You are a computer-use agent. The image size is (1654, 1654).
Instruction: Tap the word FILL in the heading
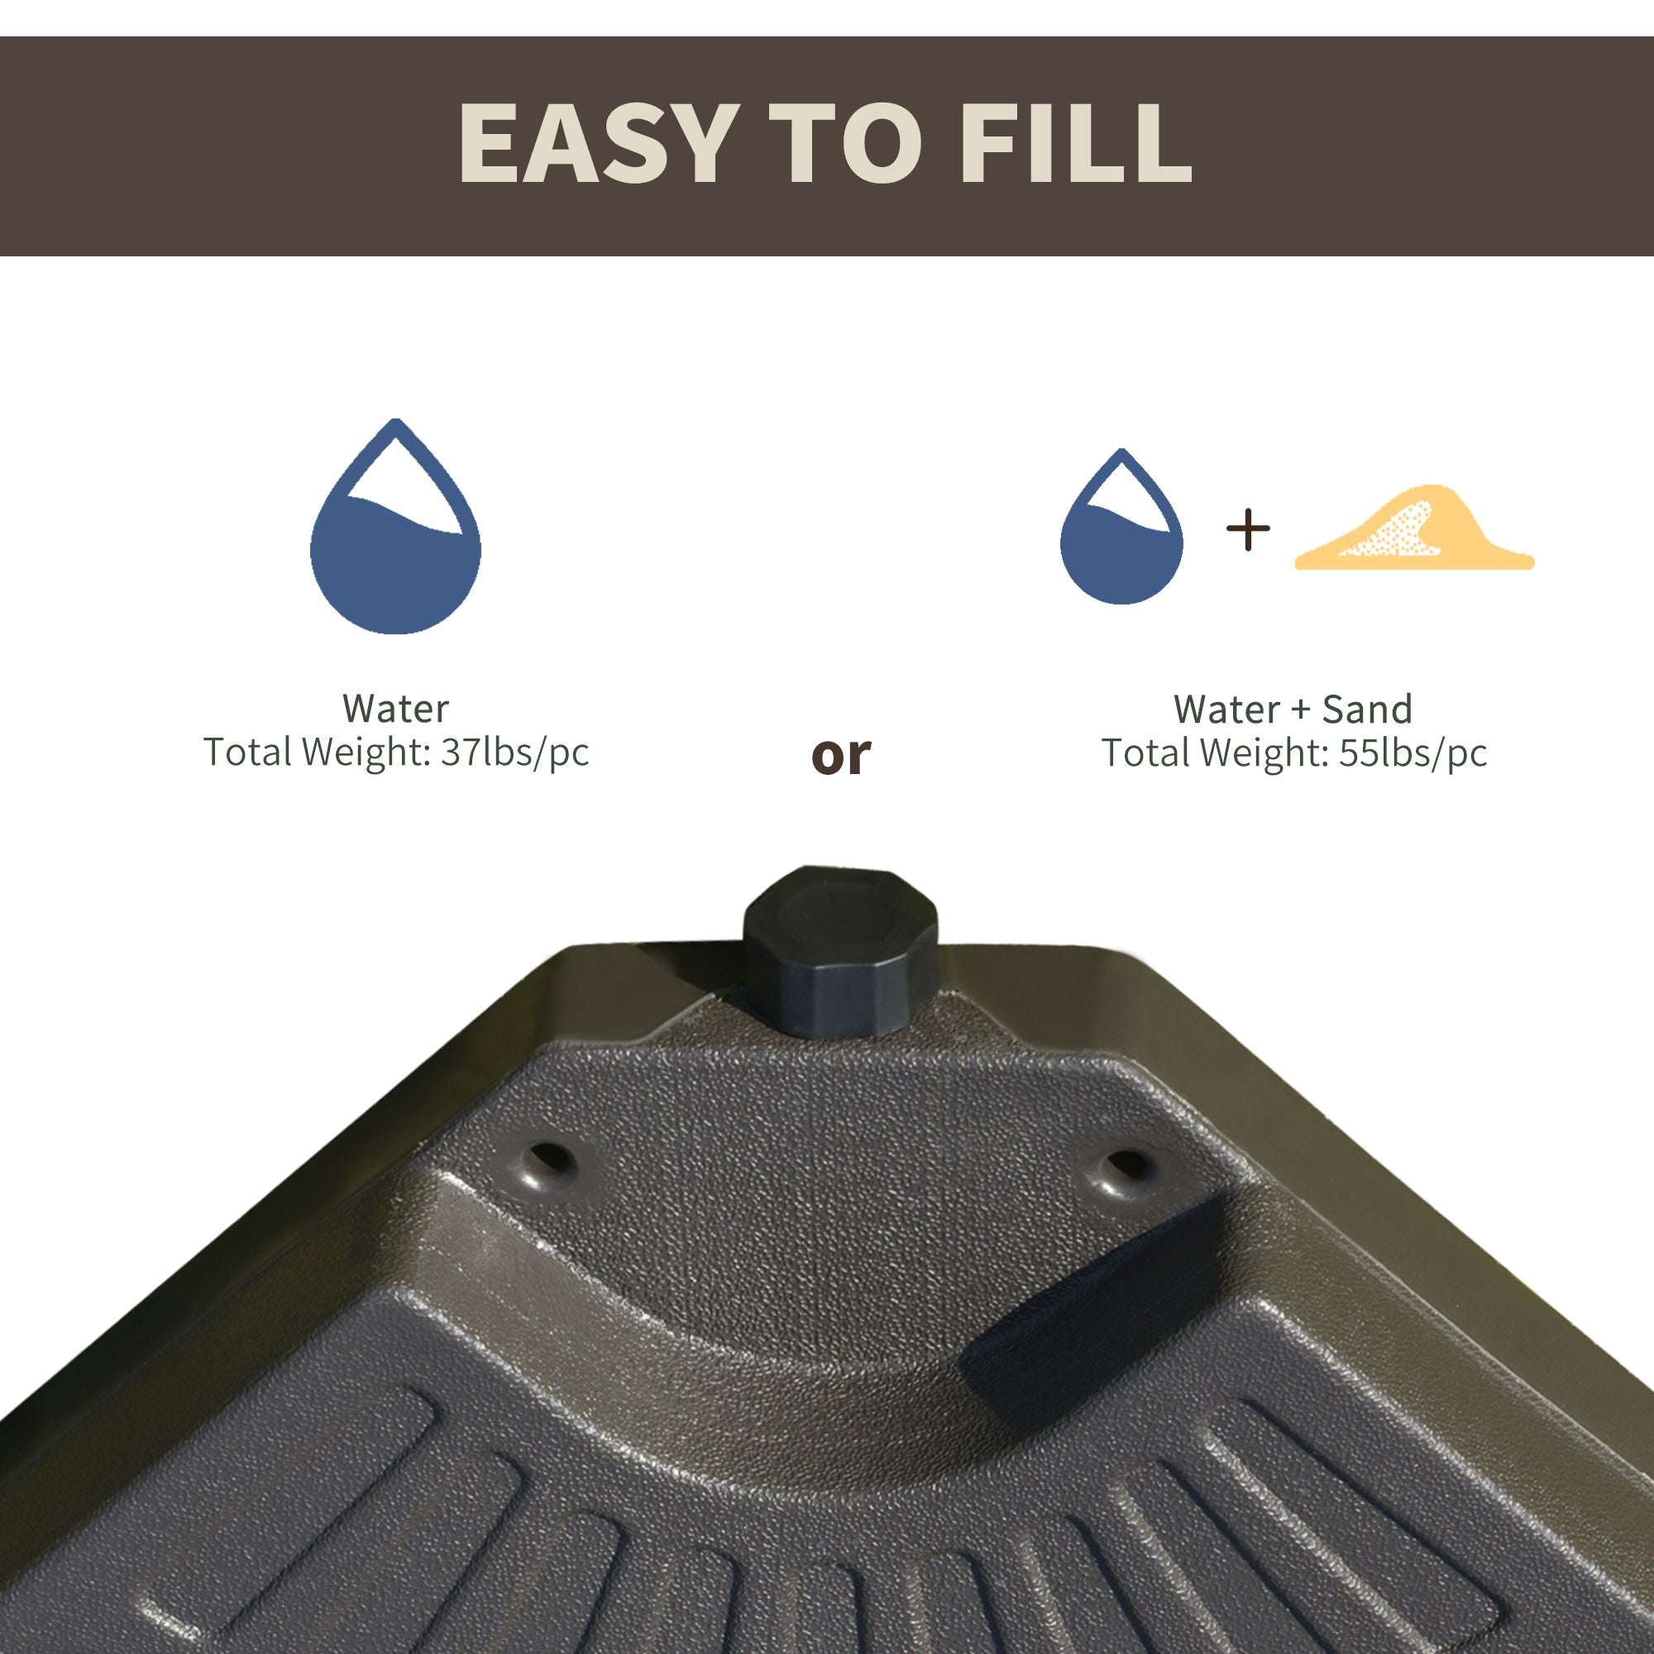[1075, 143]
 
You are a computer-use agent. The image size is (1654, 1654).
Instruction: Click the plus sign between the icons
[1247, 530]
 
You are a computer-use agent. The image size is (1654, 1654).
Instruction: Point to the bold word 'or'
[841, 755]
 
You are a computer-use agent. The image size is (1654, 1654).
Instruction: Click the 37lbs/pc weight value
[514, 753]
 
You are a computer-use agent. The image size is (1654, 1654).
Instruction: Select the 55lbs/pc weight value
[1413, 753]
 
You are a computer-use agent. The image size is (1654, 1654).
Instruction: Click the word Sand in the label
[1367, 710]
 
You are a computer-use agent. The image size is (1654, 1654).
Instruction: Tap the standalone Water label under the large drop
[395, 709]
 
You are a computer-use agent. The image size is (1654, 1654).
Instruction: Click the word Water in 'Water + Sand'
[1226, 710]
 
